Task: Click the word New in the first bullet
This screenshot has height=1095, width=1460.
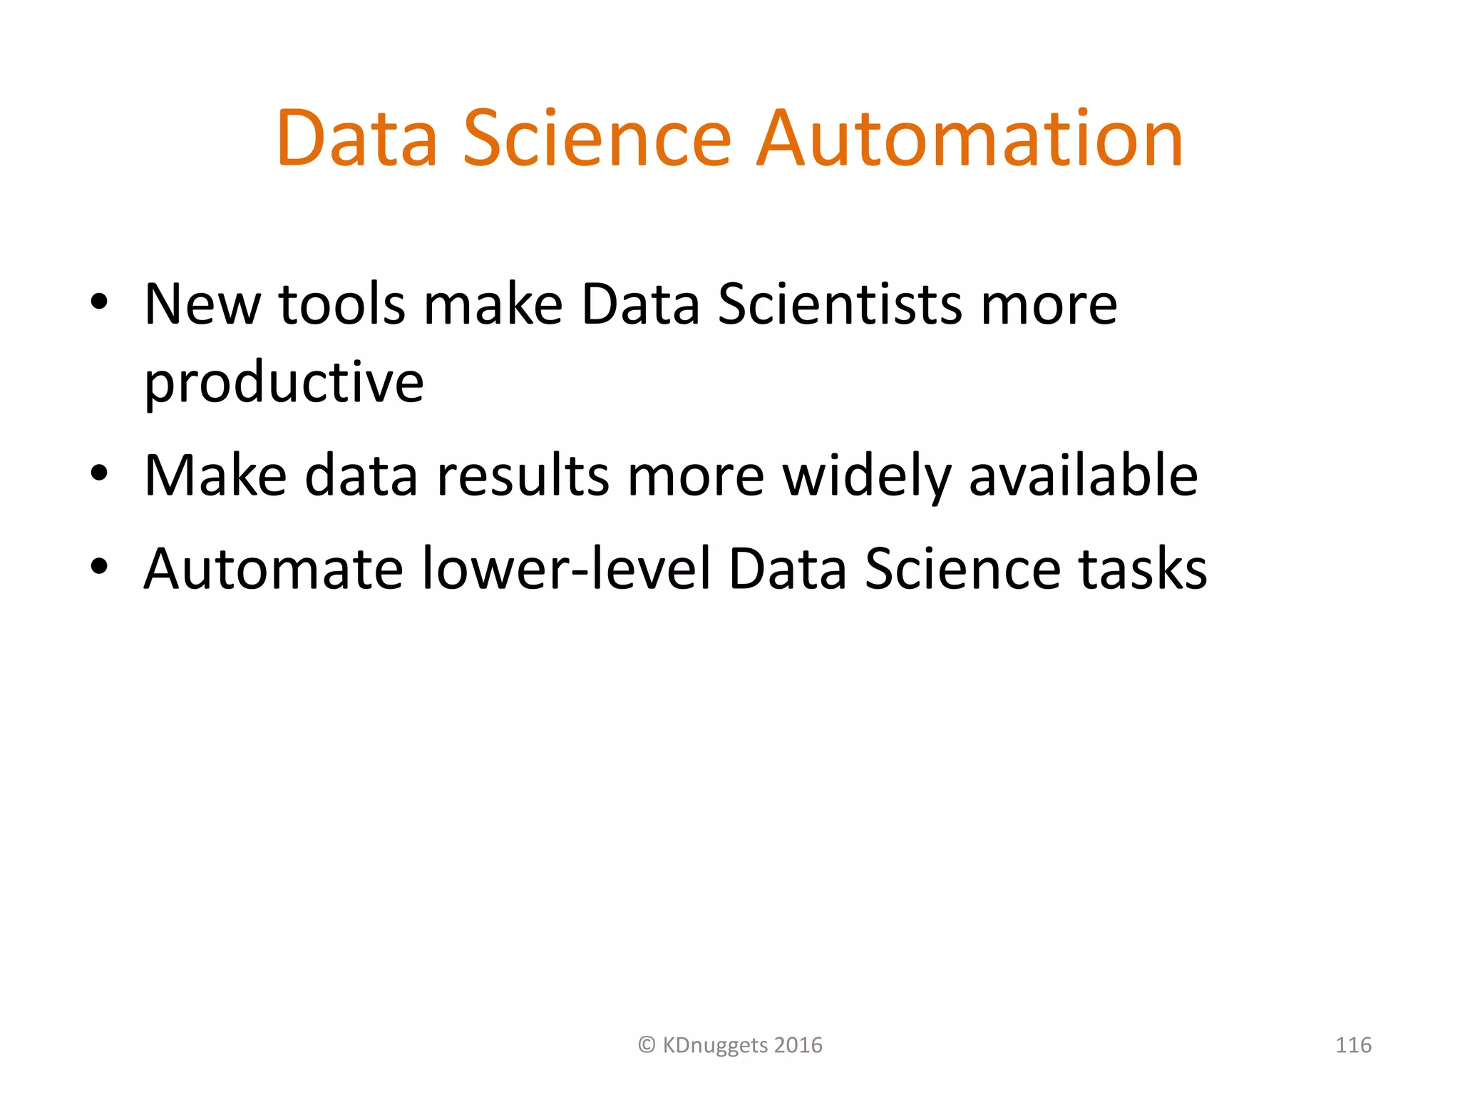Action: pyautogui.click(x=202, y=304)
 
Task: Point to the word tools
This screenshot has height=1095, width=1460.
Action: pyautogui.click(x=341, y=304)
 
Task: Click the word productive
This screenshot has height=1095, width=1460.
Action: pyautogui.click(x=284, y=383)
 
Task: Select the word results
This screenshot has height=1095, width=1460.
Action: pyautogui.click(x=523, y=475)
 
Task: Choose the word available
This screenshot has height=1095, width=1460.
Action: pyautogui.click(x=1083, y=475)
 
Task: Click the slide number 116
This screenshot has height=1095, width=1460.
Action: pyautogui.click(x=1353, y=1045)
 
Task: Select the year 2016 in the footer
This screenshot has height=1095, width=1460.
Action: pyautogui.click(x=798, y=1045)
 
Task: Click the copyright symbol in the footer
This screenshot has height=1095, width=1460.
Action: pyautogui.click(x=647, y=1045)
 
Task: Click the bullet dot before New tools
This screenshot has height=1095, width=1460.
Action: pyautogui.click(x=99, y=302)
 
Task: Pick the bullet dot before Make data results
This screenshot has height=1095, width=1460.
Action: pyautogui.click(x=99, y=472)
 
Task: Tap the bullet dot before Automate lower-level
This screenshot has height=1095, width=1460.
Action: pyautogui.click(x=99, y=566)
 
